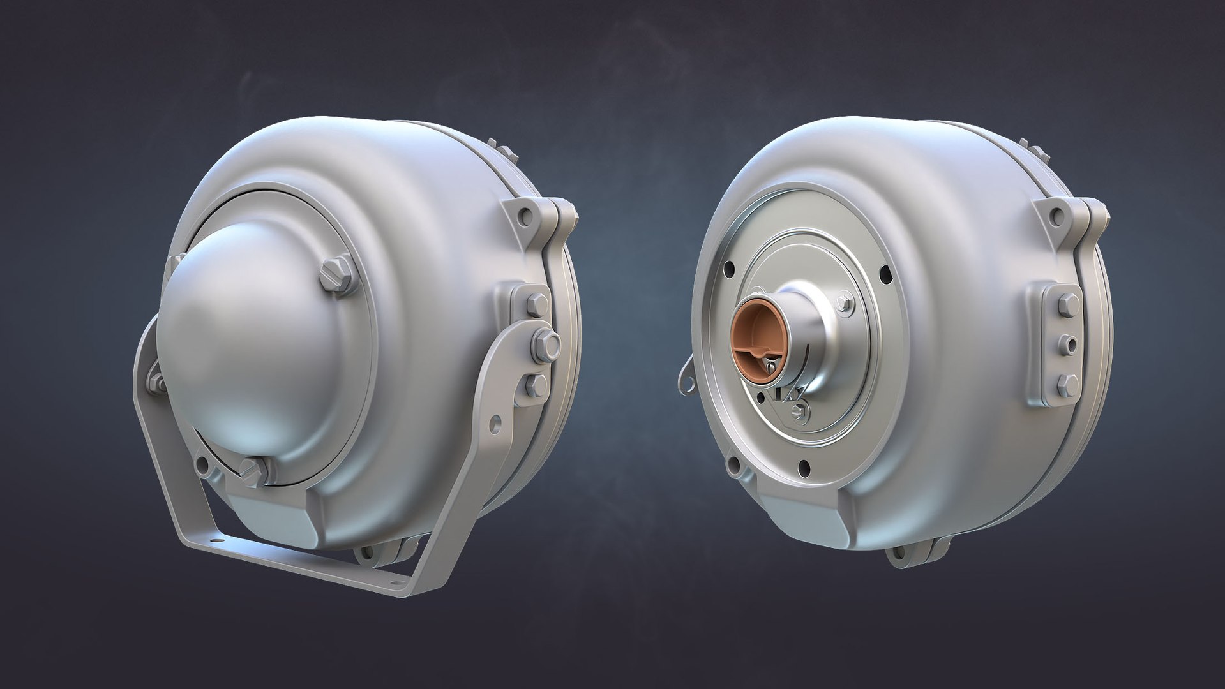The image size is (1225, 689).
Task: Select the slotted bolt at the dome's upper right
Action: tap(336, 276)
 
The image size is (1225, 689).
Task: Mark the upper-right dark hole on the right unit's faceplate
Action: tap(885, 276)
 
